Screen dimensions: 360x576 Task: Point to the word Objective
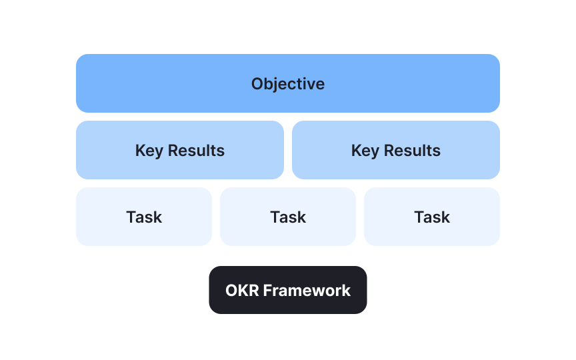click(288, 84)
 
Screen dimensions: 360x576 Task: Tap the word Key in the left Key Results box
click(149, 151)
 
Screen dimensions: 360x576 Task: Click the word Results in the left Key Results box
click(195, 151)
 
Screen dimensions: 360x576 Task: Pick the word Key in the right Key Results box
click(365, 151)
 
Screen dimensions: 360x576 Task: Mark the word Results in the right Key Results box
click(411, 151)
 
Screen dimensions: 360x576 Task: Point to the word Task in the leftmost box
click(144, 217)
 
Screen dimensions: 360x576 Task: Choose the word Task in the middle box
click(288, 217)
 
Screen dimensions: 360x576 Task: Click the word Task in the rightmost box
click(432, 217)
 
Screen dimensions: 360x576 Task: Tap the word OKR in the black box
click(241, 291)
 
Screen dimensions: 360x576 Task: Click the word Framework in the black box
click(306, 291)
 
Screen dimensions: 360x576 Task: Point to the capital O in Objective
click(257, 84)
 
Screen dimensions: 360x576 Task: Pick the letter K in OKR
click(241, 291)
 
